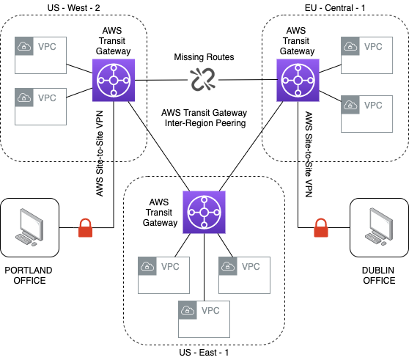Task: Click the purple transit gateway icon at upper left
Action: click(x=114, y=80)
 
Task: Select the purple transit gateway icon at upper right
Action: click(x=298, y=80)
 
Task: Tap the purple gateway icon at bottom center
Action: click(x=204, y=212)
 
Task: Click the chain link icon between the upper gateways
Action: click(x=203, y=79)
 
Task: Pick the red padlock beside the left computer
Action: click(x=85, y=228)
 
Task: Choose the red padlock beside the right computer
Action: click(x=320, y=228)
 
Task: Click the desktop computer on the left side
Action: click(x=30, y=227)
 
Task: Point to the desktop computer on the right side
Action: click(x=380, y=227)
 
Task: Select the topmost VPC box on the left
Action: click(x=40, y=55)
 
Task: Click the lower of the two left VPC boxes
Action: click(x=40, y=106)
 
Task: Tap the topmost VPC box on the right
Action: click(x=366, y=55)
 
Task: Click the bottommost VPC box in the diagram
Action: click(x=204, y=319)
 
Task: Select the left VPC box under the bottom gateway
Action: click(x=163, y=275)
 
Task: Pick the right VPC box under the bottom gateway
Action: click(x=244, y=275)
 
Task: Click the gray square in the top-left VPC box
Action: click(x=24, y=46)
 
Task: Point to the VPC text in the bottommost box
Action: click(x=210, y=311)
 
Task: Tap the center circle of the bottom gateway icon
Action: click(x=204, y=212)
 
